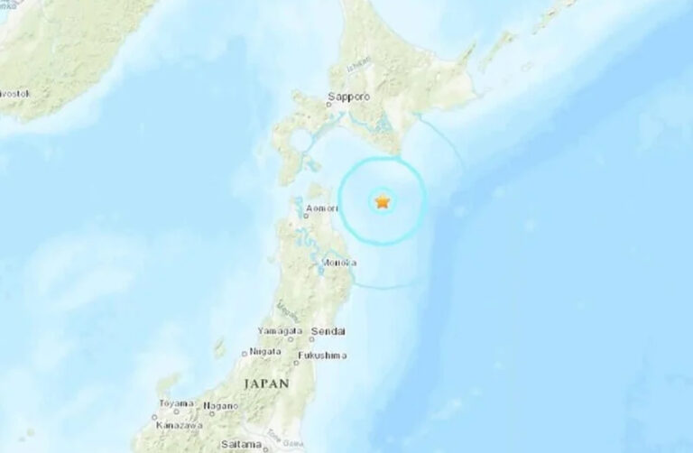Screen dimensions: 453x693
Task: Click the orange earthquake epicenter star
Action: (383, 201)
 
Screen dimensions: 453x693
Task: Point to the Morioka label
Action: (337, 263)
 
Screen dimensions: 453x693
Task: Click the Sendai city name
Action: (327, 333)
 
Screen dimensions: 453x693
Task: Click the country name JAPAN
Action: (265, 384)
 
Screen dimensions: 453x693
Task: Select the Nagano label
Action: (220, 404)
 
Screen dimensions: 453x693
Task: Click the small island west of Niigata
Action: (221, 347)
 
